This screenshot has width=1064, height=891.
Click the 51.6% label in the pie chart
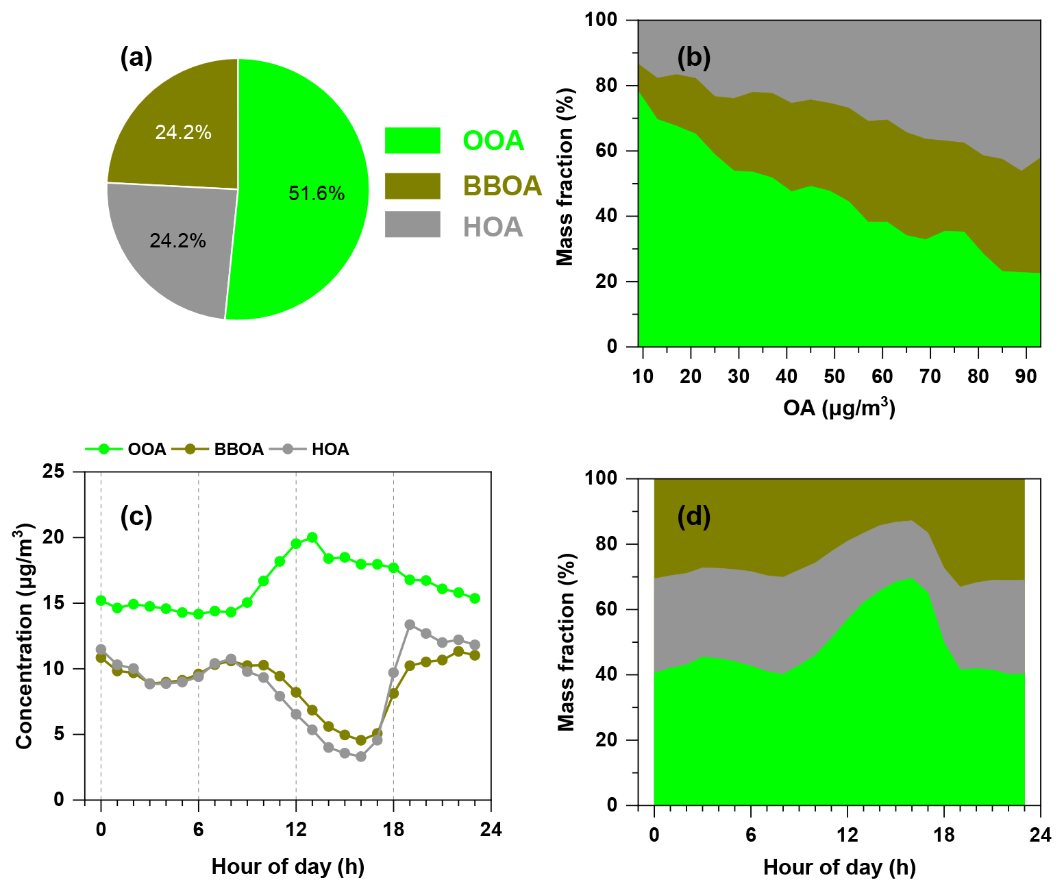point(316,194)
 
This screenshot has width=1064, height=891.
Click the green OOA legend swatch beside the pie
point(412,141)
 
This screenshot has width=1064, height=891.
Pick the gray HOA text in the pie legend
point(493,227)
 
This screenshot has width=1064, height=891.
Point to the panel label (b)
point(693,58)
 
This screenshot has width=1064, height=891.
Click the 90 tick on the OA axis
point(1026,377)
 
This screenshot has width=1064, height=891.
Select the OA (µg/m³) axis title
point(839,408)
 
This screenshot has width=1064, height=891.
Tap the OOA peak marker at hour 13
point(312,537)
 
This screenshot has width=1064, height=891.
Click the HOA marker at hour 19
point(410,625)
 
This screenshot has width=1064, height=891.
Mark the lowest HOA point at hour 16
point(361,757)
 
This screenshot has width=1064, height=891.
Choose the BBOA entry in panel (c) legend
point(238,450)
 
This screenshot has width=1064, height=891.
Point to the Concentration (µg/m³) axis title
point(25,636)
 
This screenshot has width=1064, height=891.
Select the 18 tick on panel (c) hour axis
point(393,830)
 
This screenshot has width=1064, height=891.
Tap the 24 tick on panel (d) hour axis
point(1040,835)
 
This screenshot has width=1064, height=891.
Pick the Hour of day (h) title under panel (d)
point(839,868)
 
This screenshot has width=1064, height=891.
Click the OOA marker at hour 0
point(101,600)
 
